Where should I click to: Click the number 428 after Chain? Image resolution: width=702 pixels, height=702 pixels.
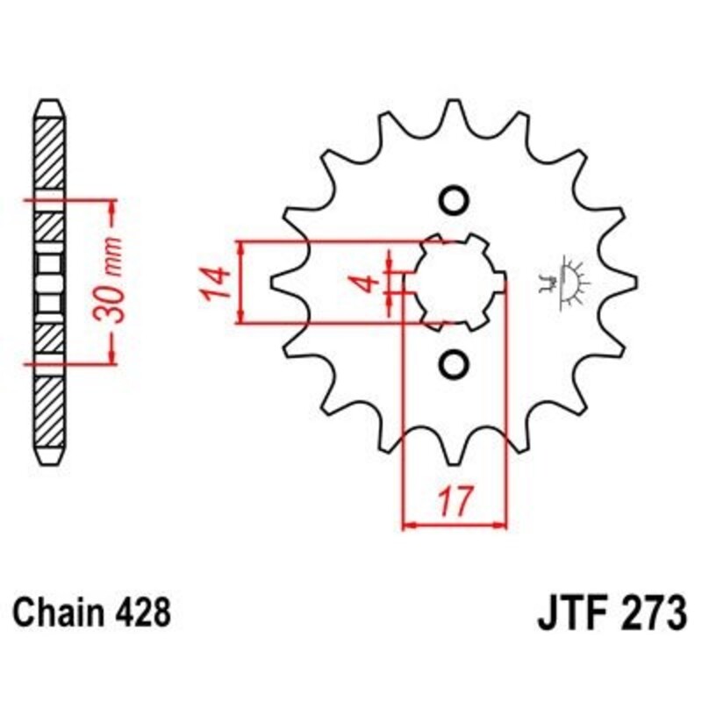pyautogui.click(x=141, y=612)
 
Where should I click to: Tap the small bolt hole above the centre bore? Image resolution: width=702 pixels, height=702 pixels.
pyautogui.click(x=455, y=201)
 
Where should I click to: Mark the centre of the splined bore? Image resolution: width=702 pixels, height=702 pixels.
pyautogui.click(x=455, y=283)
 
